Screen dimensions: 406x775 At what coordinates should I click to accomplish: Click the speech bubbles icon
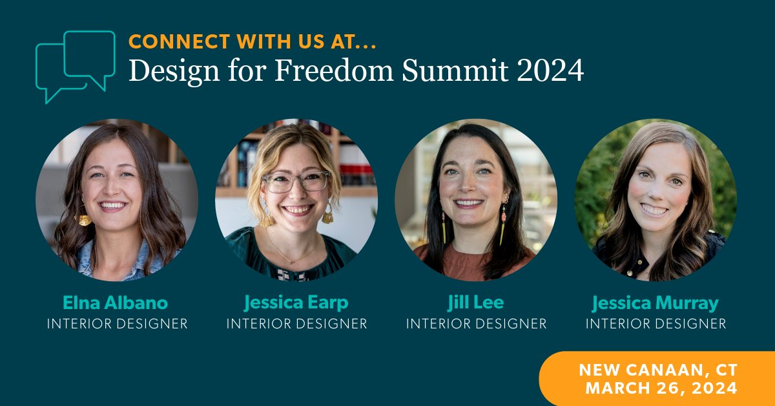[75, 65]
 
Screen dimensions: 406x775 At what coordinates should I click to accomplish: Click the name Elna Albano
[117, 303]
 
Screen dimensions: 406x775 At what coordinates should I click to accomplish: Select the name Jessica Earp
[296, 303]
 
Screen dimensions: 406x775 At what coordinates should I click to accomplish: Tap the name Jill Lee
[476, 303]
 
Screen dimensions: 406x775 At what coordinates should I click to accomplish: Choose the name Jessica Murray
[656, 303]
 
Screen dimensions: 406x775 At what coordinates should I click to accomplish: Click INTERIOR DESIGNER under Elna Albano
[117, 323]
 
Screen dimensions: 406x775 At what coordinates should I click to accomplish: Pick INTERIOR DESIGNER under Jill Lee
[476, 323]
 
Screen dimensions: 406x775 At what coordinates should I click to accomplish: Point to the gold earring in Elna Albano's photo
[84, 219]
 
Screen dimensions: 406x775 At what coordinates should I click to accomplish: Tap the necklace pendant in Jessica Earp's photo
[291, 261]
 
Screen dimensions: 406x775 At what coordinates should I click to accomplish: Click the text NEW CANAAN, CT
[657, 370]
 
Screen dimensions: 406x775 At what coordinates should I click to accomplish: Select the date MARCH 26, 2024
[661, 388]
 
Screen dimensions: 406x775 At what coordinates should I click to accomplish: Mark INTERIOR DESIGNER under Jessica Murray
[656, 323]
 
